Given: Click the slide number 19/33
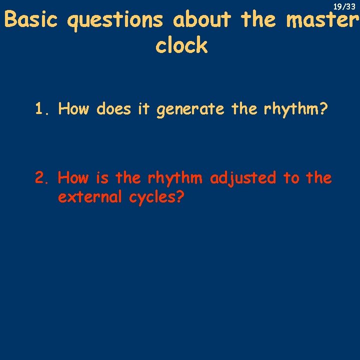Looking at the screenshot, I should click(x=344, y=6).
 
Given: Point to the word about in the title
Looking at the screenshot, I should click(x=202, y=20).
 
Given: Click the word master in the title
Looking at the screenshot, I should click(x=322, y=20).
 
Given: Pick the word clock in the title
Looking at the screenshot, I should click(x=181, y=45).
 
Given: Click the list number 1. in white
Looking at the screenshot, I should click(x=42, y=108).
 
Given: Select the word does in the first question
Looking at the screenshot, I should click(x=115, y=108).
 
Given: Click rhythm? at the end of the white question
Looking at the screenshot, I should click(x=296, y=109).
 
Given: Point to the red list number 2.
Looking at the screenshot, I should click(x=42, y=177).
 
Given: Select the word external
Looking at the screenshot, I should click(x=90, y=197).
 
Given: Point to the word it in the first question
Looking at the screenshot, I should click(x=144, y=108).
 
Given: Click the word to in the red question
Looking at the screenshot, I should click(x=291, y=177).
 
